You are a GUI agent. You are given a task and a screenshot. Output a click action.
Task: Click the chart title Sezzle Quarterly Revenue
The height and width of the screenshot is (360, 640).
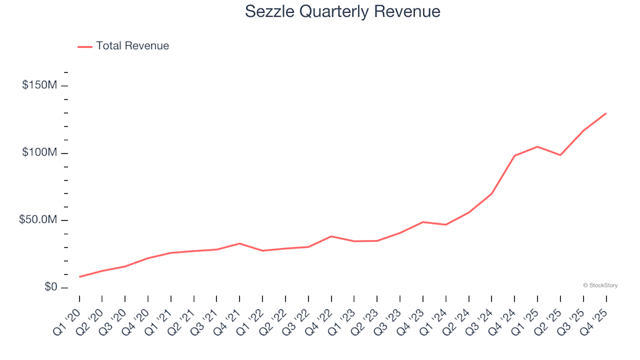coord(343,12)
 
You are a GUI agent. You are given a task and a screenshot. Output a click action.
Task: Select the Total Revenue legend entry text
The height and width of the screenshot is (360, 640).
coord(132,46)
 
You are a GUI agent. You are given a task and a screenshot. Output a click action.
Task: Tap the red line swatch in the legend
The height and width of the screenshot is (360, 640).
coord(85,47)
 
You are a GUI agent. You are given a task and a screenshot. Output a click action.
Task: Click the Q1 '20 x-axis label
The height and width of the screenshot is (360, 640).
coord(68,317)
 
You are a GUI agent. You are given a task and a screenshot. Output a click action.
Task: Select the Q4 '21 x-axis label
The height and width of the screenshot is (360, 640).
coord(228,317)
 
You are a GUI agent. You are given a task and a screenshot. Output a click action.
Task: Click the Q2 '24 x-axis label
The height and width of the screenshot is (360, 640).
coord(457,317)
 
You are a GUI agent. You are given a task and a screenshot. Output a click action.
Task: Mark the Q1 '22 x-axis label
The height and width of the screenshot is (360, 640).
coord(251,317)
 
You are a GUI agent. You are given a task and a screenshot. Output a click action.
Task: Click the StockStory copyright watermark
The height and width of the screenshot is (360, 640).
coord(600,285)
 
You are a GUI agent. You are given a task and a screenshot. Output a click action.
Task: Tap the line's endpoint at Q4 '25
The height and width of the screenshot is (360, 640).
coord(605,113)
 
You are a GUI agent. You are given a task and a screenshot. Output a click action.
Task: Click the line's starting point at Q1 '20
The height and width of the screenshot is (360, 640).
coord(79,277)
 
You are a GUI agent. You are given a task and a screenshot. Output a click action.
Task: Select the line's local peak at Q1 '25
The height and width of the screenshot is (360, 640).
coord(537,147)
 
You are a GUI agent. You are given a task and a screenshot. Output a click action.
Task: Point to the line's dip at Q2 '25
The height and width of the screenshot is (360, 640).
coord(560,155)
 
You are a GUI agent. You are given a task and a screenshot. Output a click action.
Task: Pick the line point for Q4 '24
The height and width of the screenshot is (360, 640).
coord(514,156)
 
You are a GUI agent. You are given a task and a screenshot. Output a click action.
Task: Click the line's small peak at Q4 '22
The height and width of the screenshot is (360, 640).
coord(331,236)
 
